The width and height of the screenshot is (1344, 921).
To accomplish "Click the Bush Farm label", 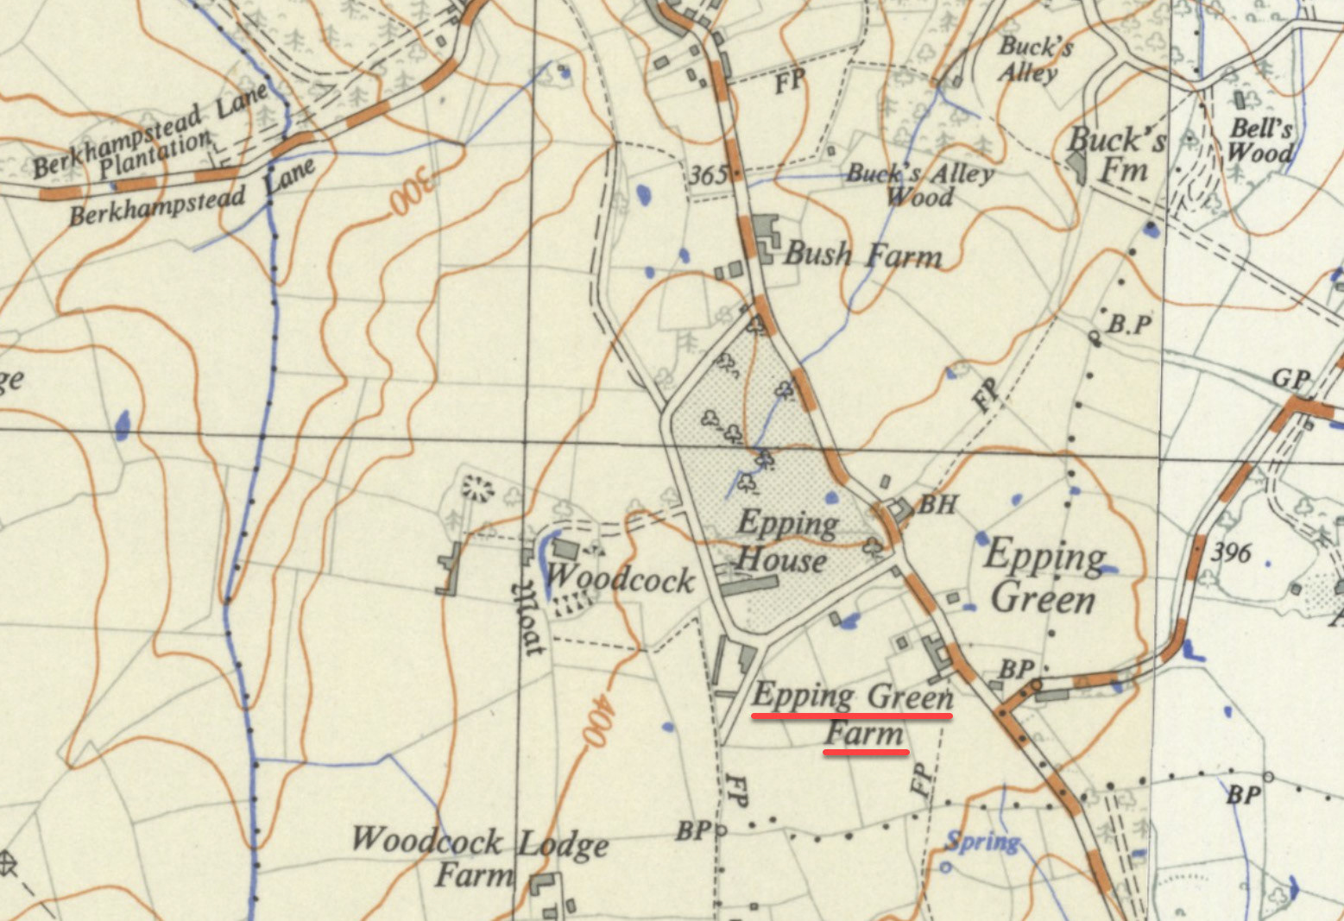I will [x=862, y=255].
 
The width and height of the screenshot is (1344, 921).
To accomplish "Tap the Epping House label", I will [x=783, y=542].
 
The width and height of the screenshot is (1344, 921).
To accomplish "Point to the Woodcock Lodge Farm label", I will [x=479, y=857].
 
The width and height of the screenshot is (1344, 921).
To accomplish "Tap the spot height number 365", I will [x=709, y=175].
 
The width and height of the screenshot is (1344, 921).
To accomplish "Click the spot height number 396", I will [x=1231, y=552].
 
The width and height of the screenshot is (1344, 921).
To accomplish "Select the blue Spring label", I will [x=983, y=840].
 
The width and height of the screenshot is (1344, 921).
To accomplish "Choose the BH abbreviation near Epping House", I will [x=937, y=503].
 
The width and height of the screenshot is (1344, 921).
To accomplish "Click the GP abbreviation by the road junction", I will [x=1291, y=379].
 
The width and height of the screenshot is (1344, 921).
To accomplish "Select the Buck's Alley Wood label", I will [x=919, y=184].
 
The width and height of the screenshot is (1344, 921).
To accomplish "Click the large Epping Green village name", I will [x=1044, y=575].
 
